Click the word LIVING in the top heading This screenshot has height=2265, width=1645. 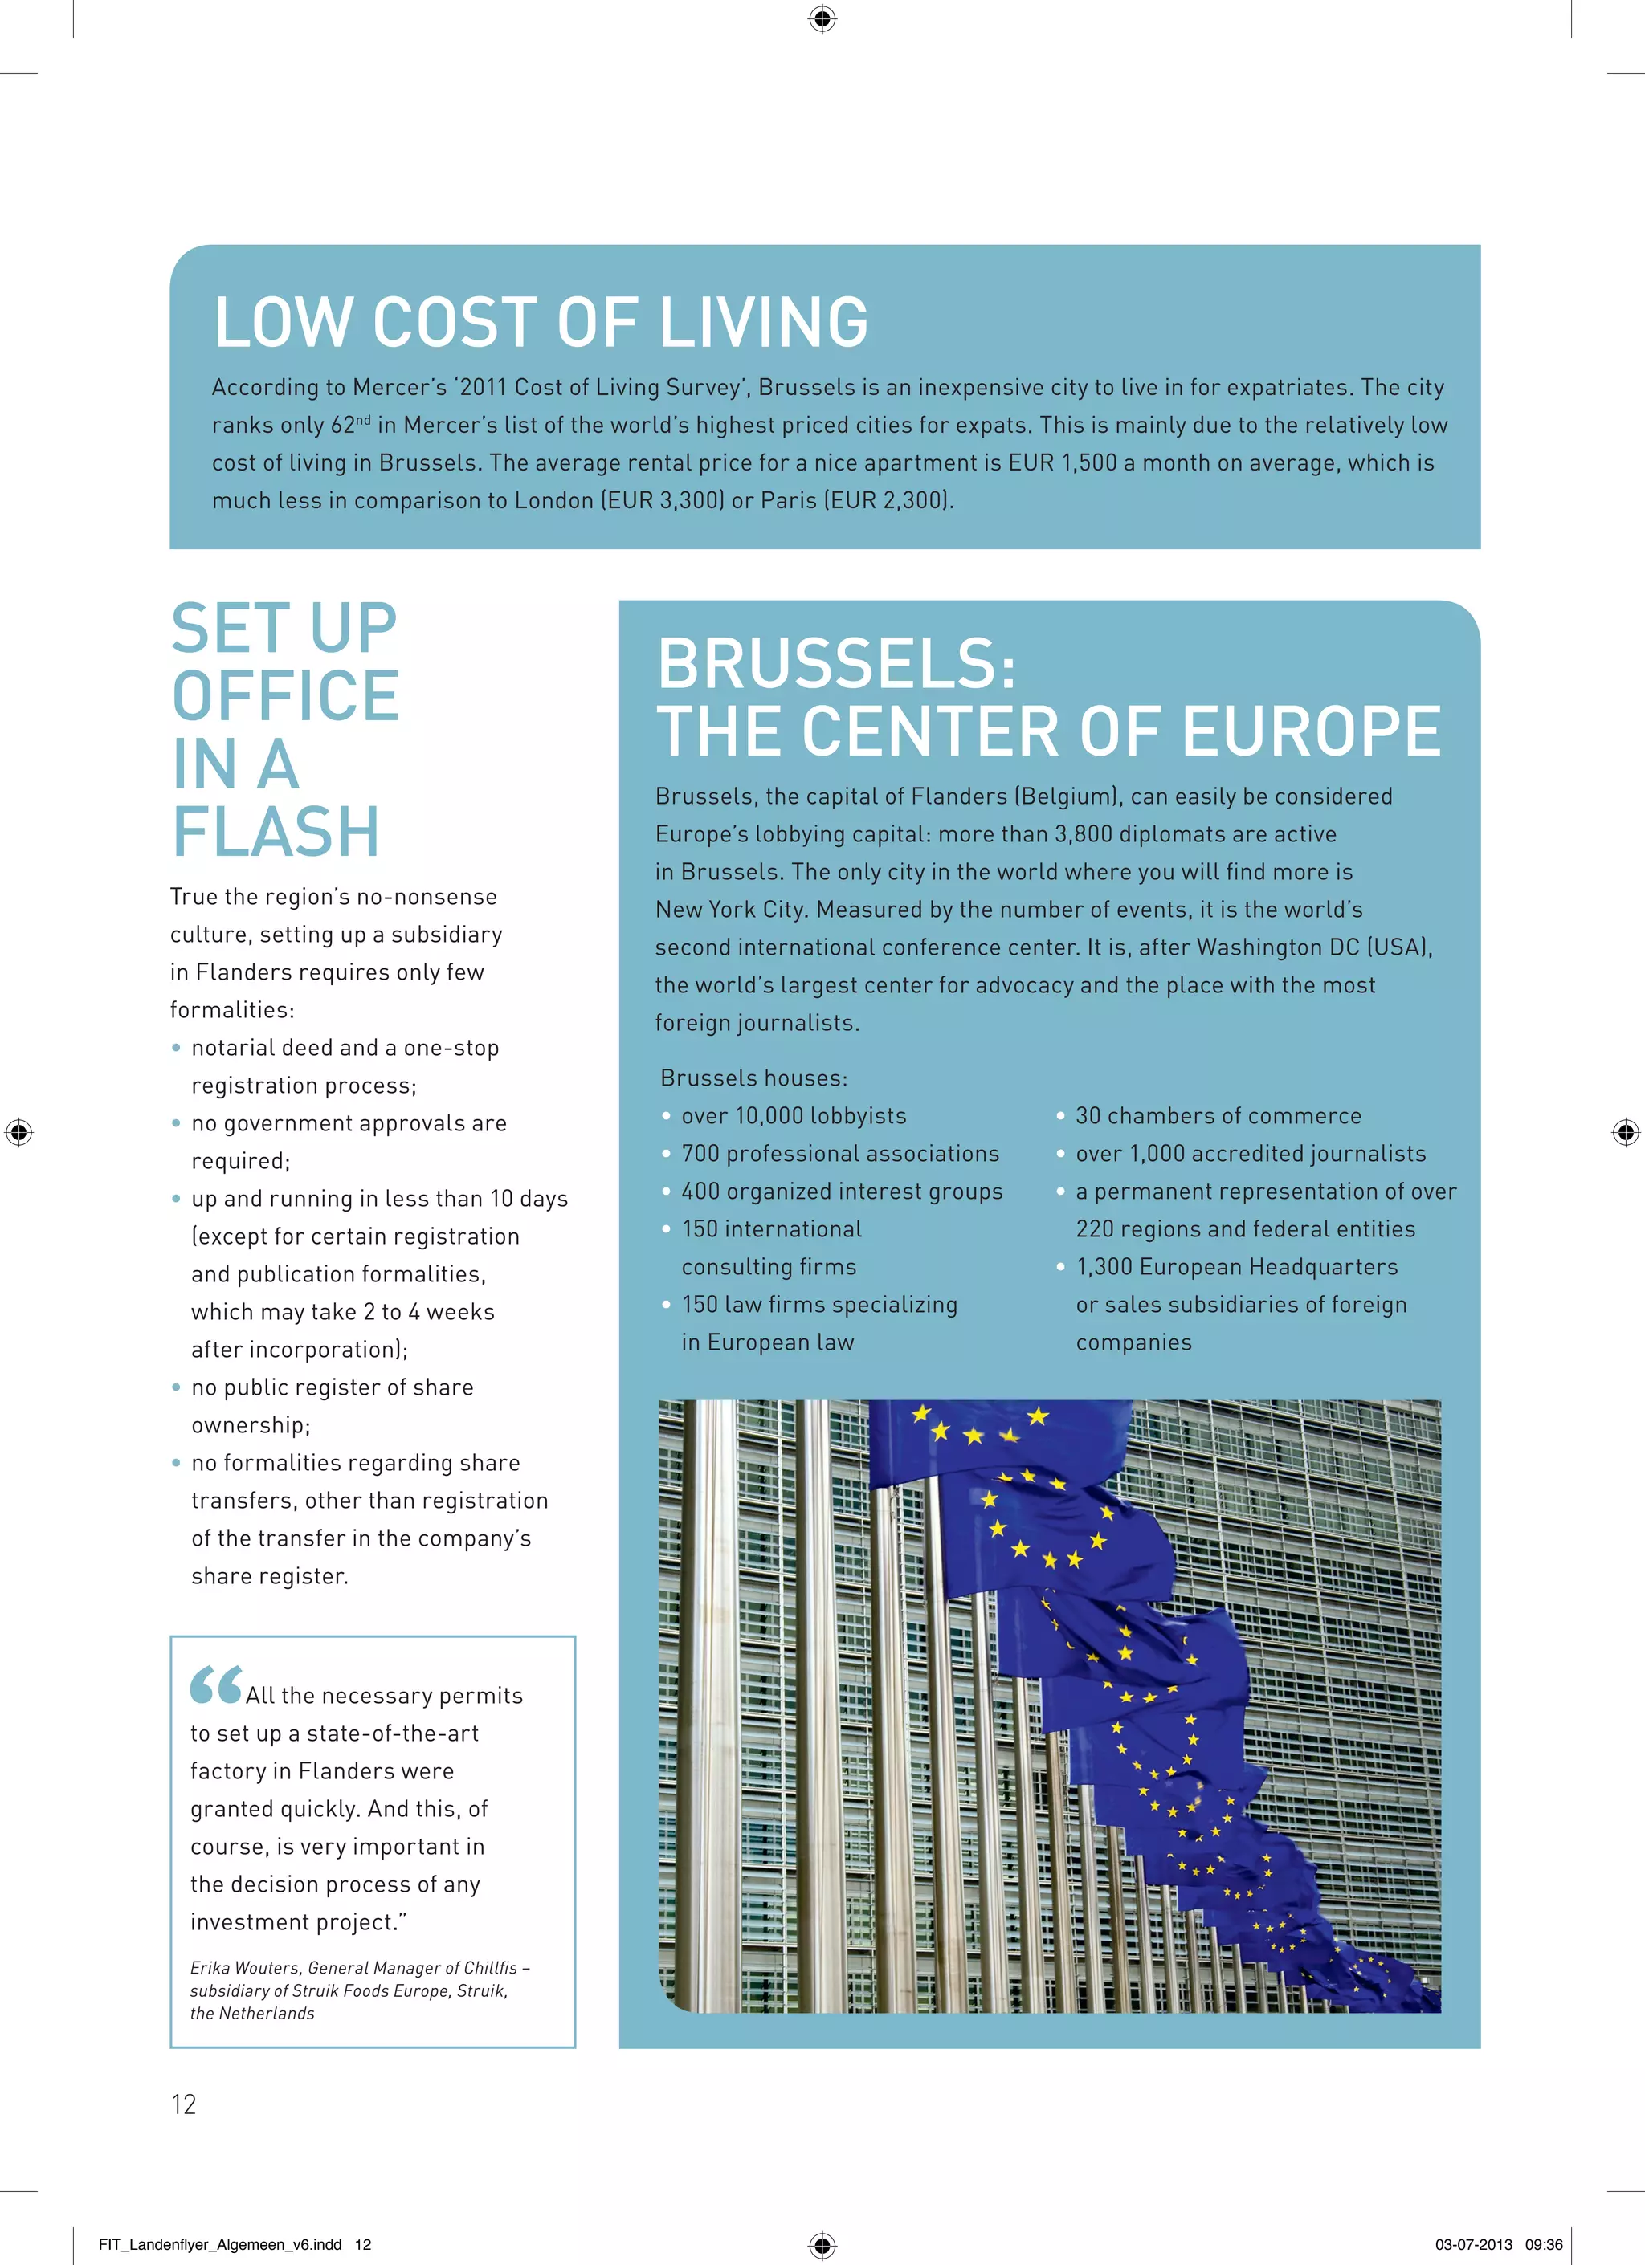point(763,323)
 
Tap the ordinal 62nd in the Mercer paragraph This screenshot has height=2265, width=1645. point(349,426)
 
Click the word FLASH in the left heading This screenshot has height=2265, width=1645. point(276,832)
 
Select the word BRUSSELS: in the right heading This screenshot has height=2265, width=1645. point(837,664)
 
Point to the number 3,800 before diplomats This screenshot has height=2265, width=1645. point(1083,834)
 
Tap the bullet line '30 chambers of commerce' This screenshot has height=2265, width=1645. point(1218,1117)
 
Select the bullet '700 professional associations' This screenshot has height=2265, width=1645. point(839,1155)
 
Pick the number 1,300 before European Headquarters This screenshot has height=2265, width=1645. point(1104,1267)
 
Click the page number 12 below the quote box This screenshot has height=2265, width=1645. point(184,2104)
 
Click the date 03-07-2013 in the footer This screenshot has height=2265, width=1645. point(1473,2244)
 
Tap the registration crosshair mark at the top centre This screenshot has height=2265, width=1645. point(822,19)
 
